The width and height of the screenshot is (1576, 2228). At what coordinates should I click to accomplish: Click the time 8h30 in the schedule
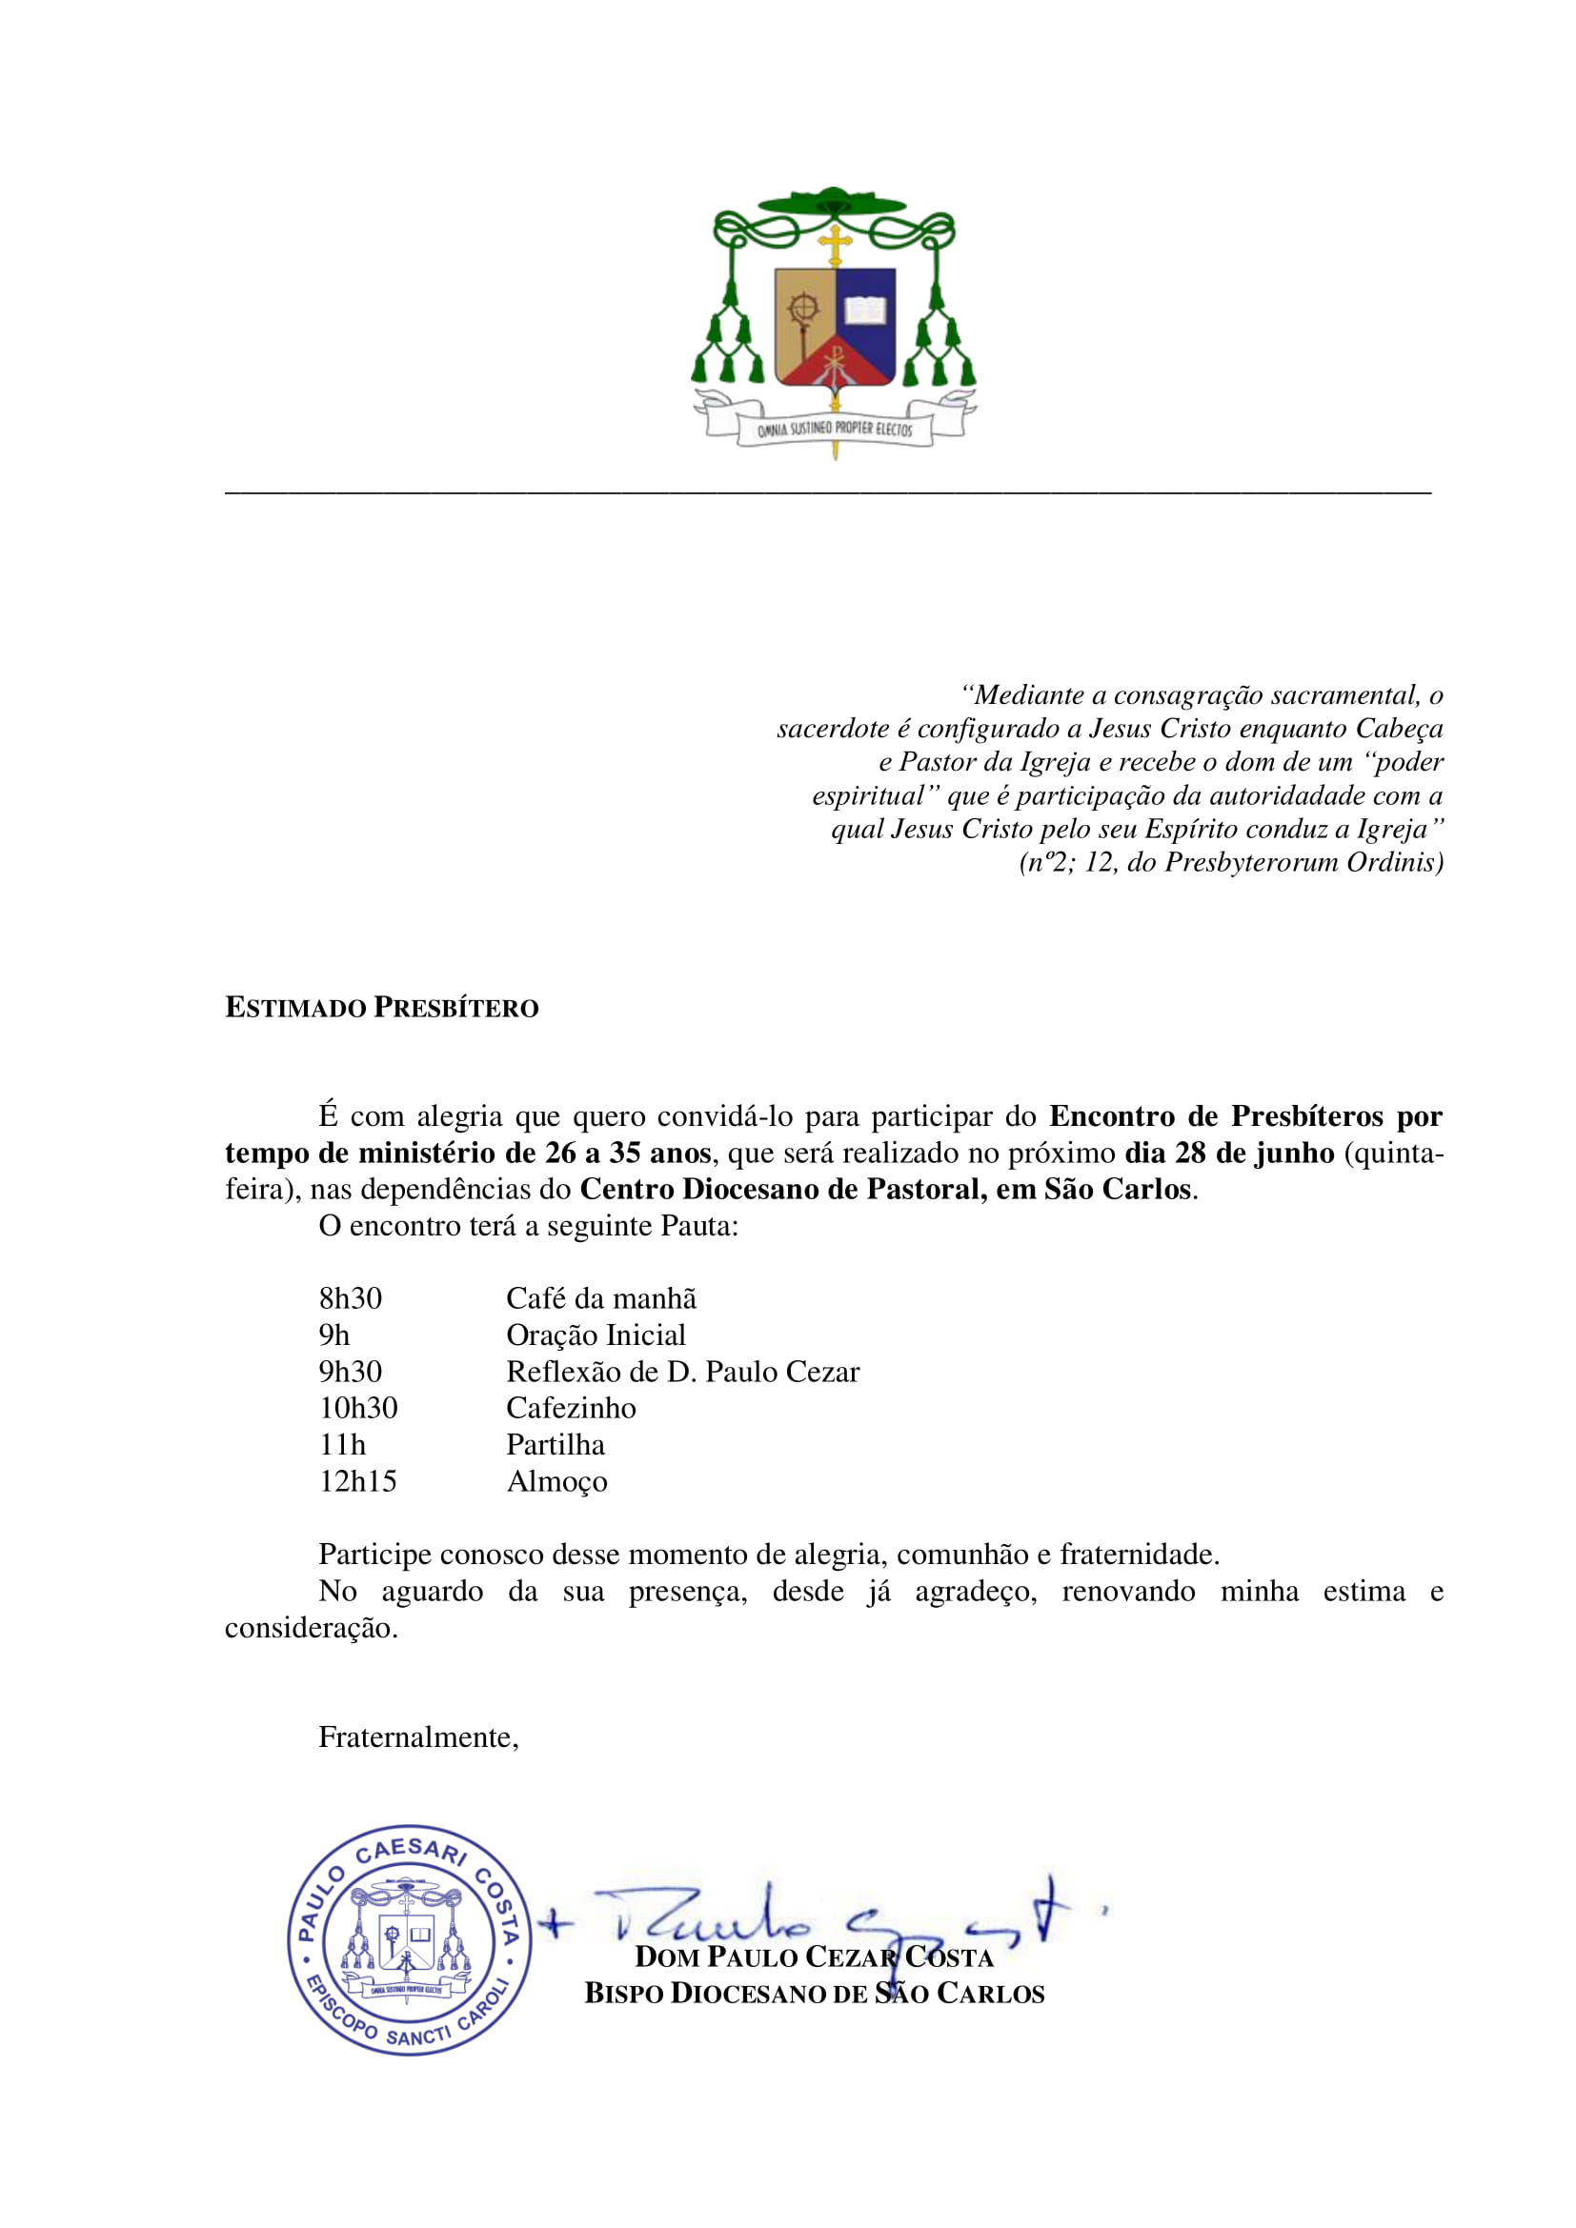click(x=351, y=1298)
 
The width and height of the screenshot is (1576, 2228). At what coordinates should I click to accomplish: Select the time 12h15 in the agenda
click(x=357, y=1481)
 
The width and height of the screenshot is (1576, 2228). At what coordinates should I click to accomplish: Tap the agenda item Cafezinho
click(x=571, y=1408)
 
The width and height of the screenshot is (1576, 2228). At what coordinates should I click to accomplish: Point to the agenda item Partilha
click(x=556, y=1445)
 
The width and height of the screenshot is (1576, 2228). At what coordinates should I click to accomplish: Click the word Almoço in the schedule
click(x=557, y=1482)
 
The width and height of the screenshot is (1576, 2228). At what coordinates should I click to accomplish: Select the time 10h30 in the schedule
click(x=358, y=1408)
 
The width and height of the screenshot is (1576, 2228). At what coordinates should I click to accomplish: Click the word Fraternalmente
click(x=418, y=1737)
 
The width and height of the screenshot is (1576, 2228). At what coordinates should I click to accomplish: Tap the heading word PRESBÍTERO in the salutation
click(x=456, y=1008)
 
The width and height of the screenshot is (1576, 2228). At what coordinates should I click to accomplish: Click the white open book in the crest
click(x=864, y=311)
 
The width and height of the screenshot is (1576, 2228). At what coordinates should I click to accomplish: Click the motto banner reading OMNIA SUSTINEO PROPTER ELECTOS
click(x=835, y=428)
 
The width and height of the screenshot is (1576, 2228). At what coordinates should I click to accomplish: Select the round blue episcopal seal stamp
click(x=409, y=1940)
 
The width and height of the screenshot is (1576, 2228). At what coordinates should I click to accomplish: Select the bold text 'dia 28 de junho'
click(x=1229, y=1153)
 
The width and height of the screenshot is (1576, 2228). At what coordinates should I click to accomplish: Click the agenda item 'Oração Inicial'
click(x=596, y=1335)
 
